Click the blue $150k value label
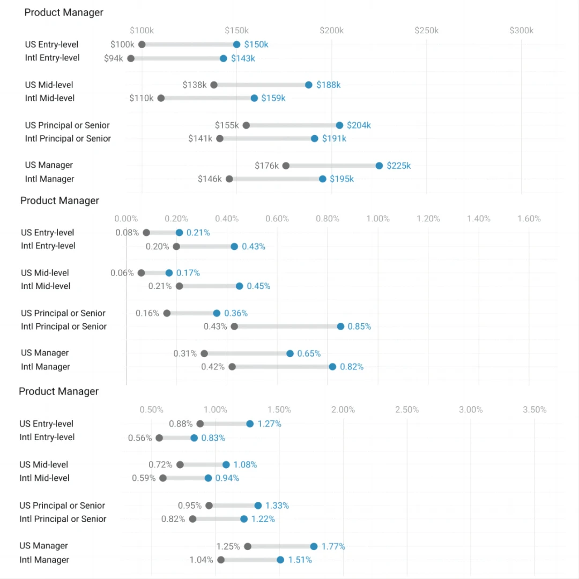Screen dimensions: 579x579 256,44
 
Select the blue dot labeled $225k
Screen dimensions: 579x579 379,166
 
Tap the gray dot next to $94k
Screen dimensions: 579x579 131,58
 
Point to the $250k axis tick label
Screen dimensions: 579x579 426,31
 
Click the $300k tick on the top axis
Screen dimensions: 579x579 521,31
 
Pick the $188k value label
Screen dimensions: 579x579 328,85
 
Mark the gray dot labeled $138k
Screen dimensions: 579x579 214,85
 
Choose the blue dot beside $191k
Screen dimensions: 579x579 315,138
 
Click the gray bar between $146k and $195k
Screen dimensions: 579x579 276,179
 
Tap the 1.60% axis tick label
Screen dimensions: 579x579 529,219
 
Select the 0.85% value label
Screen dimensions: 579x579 359,326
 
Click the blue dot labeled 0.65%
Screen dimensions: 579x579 290,353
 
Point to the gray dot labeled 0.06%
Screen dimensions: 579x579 141,273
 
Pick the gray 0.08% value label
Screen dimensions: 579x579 127,233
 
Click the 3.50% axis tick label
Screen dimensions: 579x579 535,410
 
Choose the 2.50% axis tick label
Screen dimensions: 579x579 407,410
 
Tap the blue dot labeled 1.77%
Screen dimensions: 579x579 314,546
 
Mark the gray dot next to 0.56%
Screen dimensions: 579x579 159,438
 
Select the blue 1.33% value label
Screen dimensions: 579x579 277,506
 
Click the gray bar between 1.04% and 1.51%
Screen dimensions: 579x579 250,560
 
